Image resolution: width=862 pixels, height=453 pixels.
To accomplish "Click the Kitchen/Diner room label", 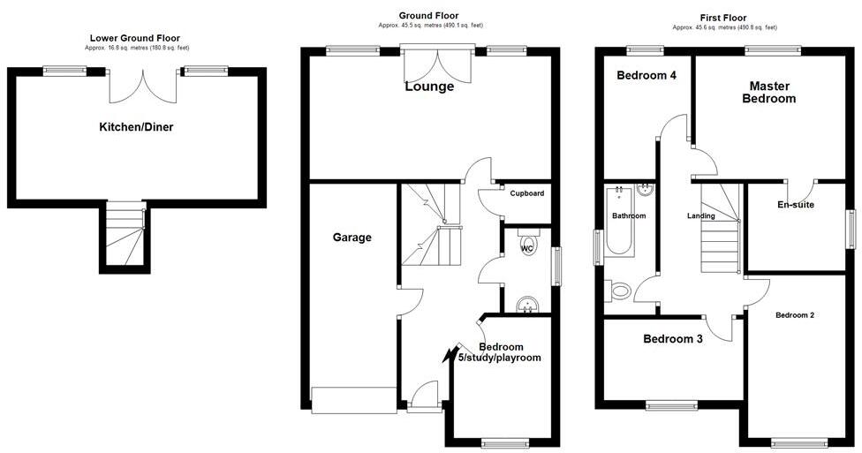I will pyautogui.click(x=136, y=127).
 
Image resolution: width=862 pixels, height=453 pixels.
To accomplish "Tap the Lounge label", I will pyautogui.click(x=429, y=87).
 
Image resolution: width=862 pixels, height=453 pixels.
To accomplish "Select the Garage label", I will pyautogui.click(x=352, y=237).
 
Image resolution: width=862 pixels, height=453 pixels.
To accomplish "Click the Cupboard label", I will pyautogui.click(x=527, y=193).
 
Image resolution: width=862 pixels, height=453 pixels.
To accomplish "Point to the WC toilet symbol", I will pyautogui.click(x=528, y=245).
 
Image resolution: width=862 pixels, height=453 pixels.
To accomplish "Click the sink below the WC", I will pyautogui.click(x=527, y=305).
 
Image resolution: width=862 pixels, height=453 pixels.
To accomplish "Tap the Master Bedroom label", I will pyautogui.click(x=769, y=92).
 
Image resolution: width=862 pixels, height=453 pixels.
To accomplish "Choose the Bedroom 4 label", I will pyautogui.click(x=646, y=76).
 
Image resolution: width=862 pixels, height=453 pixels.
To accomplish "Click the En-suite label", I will pyautogui.click(x=795, y=205).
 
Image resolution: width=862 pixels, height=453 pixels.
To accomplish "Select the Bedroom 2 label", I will pyautogui.click(x=795, y=315).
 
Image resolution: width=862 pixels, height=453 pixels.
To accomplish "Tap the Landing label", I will pyautogui.click(x=701, y=215).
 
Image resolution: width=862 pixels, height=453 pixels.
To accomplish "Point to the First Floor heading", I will pyautogui.click(x=724, y=18).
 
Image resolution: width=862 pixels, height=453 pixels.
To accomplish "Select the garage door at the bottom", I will pyautogui.click(x=353, y=399).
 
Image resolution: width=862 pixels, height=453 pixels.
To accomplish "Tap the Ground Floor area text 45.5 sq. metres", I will pyautogui.click(x=429, y=26).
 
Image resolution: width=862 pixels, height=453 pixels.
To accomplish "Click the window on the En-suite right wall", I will pyautogui.click(x=852, y=230).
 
